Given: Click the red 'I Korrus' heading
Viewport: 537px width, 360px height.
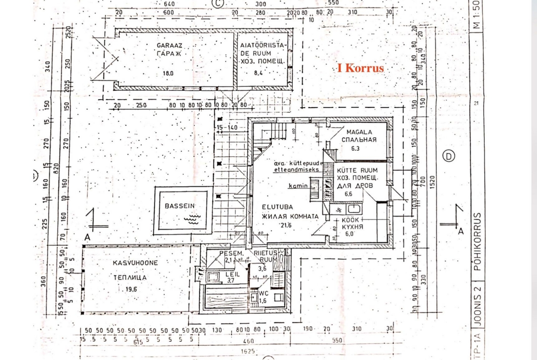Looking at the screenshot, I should (360, 68).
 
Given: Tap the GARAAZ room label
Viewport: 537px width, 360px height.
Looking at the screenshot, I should (169, 45).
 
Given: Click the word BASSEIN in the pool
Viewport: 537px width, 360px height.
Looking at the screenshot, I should (180, 206).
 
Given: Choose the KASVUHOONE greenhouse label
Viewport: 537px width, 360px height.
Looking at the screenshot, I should (135, 263).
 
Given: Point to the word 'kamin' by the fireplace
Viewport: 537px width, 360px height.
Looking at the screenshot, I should (297, 186).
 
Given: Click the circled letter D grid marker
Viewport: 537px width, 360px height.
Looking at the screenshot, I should (448, 156).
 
